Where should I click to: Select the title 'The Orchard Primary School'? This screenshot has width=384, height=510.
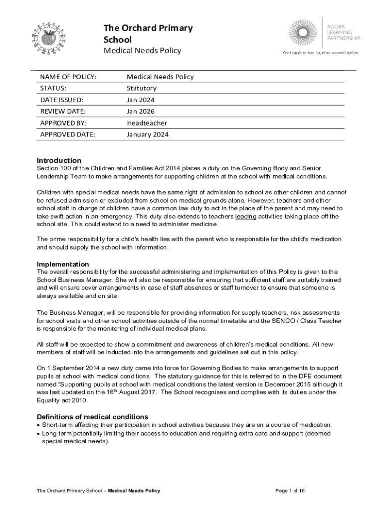(148, 33)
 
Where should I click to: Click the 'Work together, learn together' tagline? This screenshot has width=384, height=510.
(320, 52)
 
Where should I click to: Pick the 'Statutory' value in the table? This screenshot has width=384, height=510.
(142, 88)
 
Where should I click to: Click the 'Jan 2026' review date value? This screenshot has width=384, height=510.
(141, 111)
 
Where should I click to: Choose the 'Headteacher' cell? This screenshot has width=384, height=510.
(147, 123)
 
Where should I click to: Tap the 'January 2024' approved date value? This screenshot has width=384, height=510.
(148, 134)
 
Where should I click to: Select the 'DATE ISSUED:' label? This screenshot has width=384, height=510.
(62, 100)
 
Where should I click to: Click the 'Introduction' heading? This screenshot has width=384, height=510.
(59, 160)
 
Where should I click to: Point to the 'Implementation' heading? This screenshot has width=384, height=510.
(63, 264)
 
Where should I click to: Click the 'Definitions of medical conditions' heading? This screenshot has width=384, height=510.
(92, 416)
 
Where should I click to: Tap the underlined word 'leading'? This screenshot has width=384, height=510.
(245, 217)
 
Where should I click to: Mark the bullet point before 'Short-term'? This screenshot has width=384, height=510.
(38, 425)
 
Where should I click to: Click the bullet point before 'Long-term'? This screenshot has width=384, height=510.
(38, 434)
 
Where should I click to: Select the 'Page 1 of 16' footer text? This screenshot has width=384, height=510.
(290, 491)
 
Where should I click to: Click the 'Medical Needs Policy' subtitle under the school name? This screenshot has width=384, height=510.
(142, 51)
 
